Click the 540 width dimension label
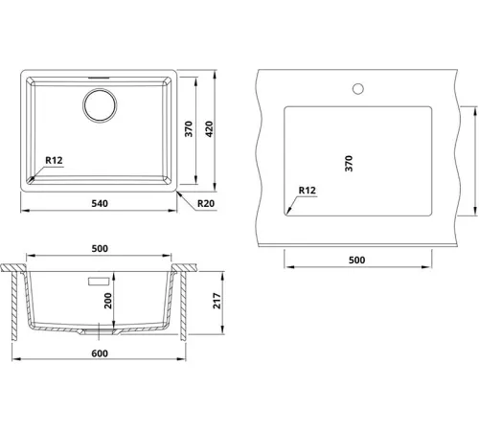100,203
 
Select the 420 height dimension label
209,129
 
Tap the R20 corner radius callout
206,203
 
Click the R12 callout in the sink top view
54,160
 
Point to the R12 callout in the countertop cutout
308,191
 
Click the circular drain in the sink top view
100,105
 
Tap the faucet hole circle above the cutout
358,89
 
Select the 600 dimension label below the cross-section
100,353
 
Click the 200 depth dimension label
108,301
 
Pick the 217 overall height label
217,301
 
